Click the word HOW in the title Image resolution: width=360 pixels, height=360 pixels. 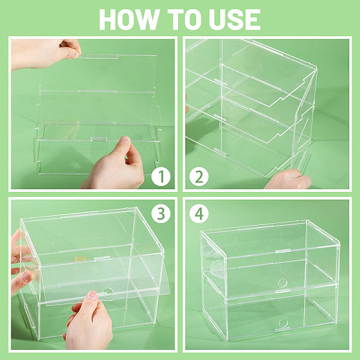(x=129, y=20)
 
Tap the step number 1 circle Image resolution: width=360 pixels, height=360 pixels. (x=161, y=177)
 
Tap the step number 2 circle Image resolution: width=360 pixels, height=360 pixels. (x=199, y=177)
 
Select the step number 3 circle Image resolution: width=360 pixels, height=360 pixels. (x=161, y=214)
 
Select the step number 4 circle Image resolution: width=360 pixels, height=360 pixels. (x=199, y=214)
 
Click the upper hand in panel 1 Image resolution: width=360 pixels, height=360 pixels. (x=46, y=54)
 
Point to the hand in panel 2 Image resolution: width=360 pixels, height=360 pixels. (x=287, y=179)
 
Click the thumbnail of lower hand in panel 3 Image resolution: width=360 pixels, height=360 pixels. (x=92, y=295)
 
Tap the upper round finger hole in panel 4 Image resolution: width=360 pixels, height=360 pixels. (x=283, y=283)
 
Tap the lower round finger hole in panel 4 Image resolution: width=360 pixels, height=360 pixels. (x=283, y=323)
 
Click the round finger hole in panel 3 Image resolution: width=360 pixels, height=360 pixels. (x=108, y=292)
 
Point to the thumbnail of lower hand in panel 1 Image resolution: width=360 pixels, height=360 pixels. (x=125, y=140)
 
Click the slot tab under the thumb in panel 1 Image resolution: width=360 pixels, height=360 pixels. (x=99, y=139)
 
